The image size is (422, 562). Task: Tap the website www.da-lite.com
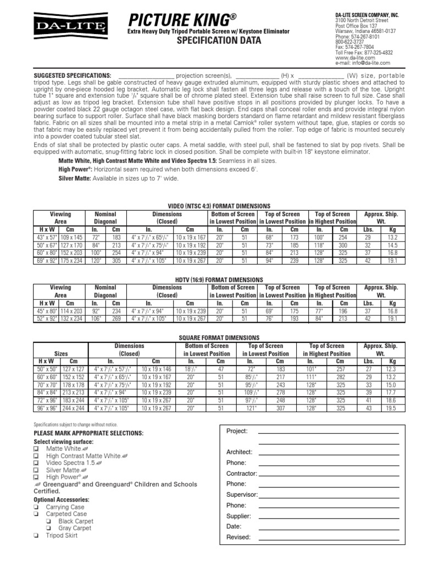click(x=354, y=57)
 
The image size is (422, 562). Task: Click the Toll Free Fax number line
click(x=364, y=52)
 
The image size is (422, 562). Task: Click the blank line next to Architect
click(x=329, y=452)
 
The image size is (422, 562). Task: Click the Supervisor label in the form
click(x=242, y=494)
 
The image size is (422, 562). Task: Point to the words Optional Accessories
click(x=59, y=499)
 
